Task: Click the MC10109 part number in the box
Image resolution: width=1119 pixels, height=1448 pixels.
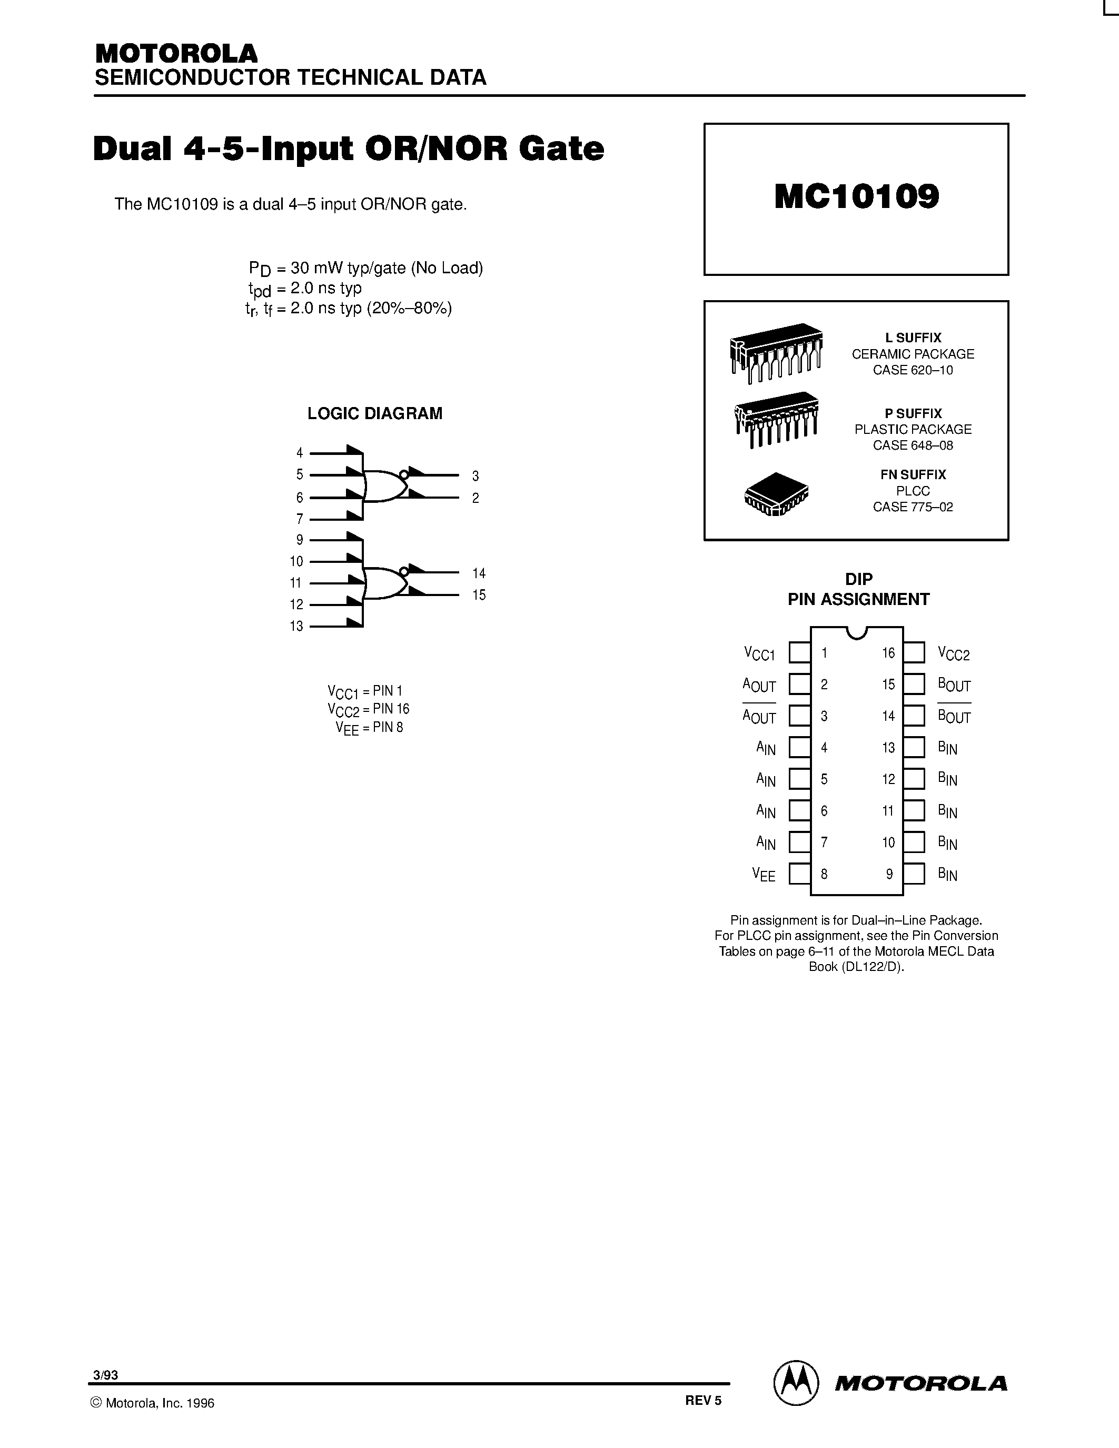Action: (x=856, y=197)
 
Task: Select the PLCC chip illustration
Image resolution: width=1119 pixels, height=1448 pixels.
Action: (x=776, y=494)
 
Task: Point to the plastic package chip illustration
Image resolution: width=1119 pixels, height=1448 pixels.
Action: (x=776, y=419)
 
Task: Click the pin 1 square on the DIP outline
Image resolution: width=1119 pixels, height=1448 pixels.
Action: (x=799, y=652)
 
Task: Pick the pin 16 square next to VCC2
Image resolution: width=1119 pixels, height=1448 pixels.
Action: (x=914, y=652)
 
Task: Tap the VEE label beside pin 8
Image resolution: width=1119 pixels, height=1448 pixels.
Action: (x=764, y=874)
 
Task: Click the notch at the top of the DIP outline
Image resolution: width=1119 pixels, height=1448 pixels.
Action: (x=857, y=632)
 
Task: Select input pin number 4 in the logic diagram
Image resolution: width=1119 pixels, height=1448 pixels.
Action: (x=300, y=453)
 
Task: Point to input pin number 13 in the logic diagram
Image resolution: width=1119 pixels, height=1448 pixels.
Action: (x=296, y=626)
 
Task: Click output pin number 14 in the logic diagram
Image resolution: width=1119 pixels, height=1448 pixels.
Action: (x=479, y=573)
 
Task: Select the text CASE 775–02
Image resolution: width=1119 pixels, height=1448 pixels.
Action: (x=913, y=507)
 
